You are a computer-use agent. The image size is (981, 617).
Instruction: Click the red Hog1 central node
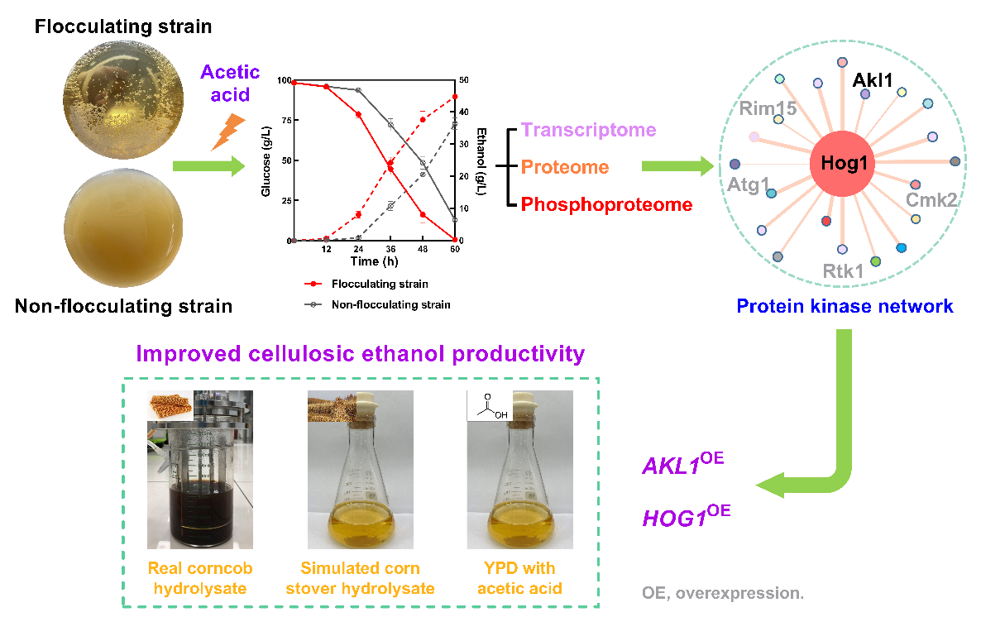tap(844, 163)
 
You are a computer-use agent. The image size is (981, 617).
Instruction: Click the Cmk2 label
tap(932, 199)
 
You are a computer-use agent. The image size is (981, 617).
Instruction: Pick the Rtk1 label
tap(844, 270)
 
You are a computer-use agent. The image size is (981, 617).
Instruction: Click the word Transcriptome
tap(589, 130)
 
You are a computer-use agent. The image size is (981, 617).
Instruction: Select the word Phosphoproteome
tap(607, 204)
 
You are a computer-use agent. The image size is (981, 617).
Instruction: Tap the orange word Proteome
tap(565, 167)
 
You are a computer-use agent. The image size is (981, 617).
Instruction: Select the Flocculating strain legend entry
tap(379, 284)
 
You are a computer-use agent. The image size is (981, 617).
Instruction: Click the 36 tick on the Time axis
tap(390, 249)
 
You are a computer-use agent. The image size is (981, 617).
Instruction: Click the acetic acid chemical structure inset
tap(489, 404)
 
